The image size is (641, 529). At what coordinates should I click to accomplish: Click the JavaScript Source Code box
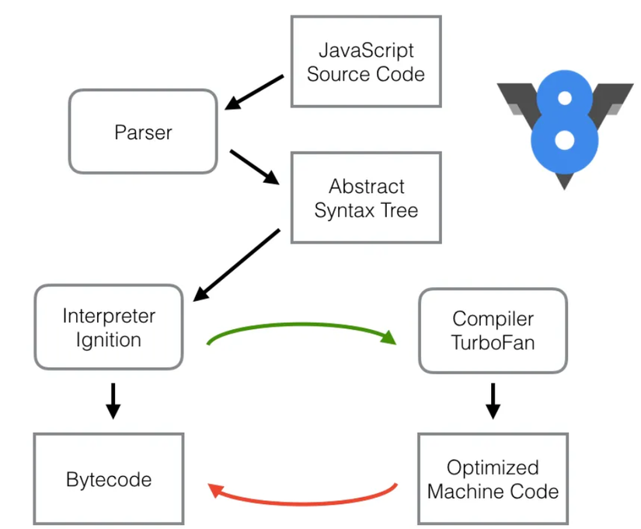click(365, 62)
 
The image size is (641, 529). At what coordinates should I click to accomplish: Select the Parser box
click(143, 131)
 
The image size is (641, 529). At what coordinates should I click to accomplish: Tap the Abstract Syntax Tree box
click(365, 198)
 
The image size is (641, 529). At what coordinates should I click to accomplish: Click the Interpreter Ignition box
click(108, 328)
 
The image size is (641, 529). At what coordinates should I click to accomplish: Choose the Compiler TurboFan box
click(493, 331)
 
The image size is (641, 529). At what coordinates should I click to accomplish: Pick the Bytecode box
click(108, 478)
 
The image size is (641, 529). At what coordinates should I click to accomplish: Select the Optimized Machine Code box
click(493, 479)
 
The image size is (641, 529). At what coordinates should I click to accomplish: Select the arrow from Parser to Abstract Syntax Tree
click(255, 166)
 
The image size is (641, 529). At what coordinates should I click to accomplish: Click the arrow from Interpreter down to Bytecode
click(113, 400)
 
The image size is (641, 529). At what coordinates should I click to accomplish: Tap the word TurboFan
click(493, 342)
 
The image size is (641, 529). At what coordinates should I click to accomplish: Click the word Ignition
click(108, 339)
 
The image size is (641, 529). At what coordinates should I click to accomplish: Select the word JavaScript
click(365, 51)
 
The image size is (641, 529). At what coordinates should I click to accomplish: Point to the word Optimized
click(493, 468)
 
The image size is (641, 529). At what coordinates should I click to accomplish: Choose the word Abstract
click(367, 187)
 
